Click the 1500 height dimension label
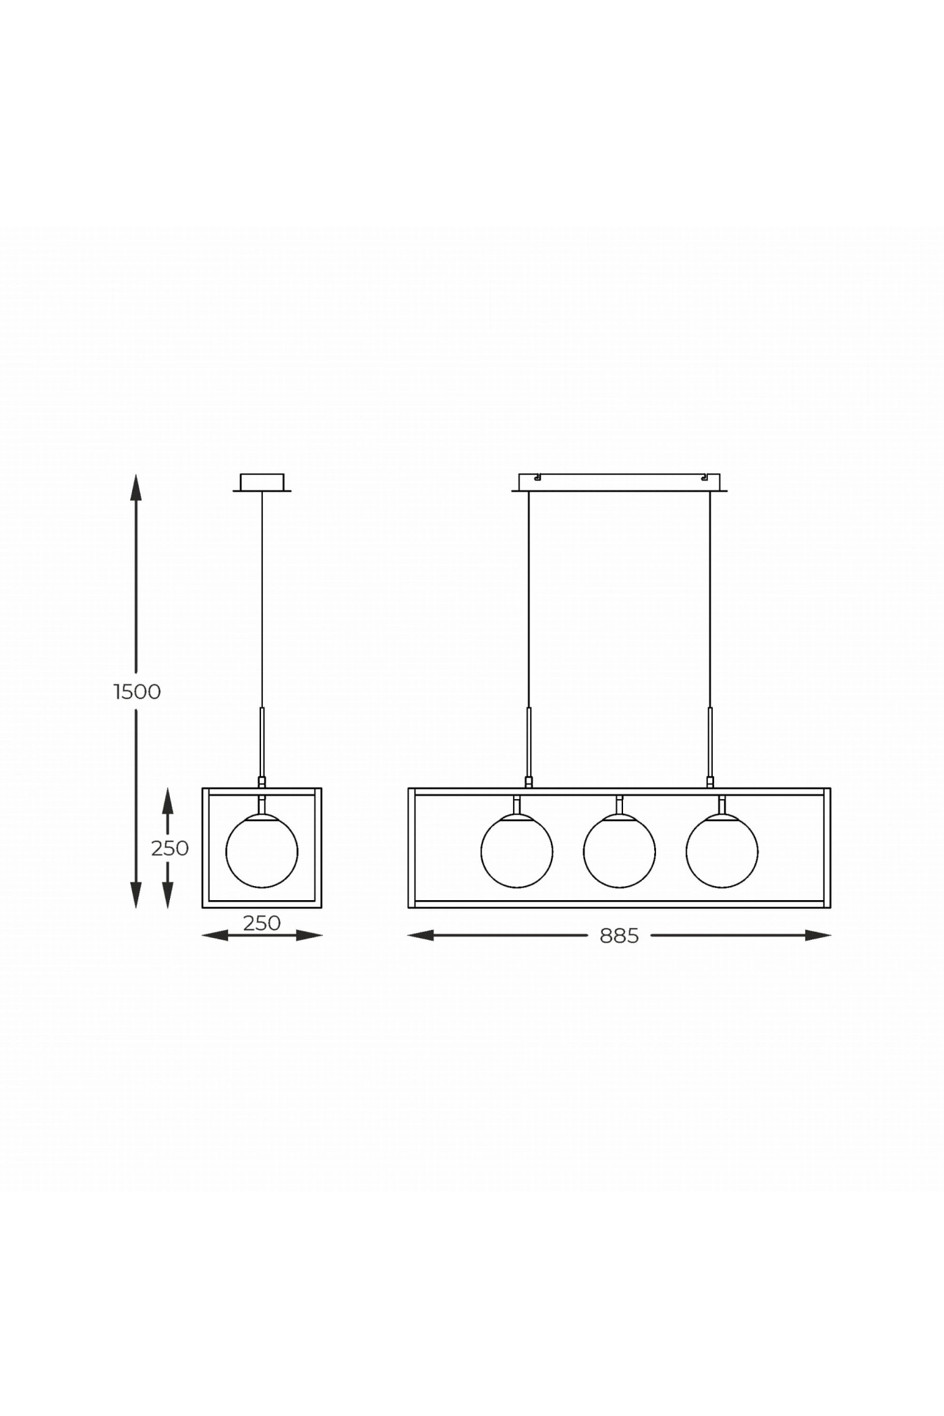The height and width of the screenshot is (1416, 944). coord(138,692)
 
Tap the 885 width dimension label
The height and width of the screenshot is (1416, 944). coord(619,936)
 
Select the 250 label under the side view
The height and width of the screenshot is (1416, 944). coord(262,922)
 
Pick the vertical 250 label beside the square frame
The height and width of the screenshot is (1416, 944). coord(170,848)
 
